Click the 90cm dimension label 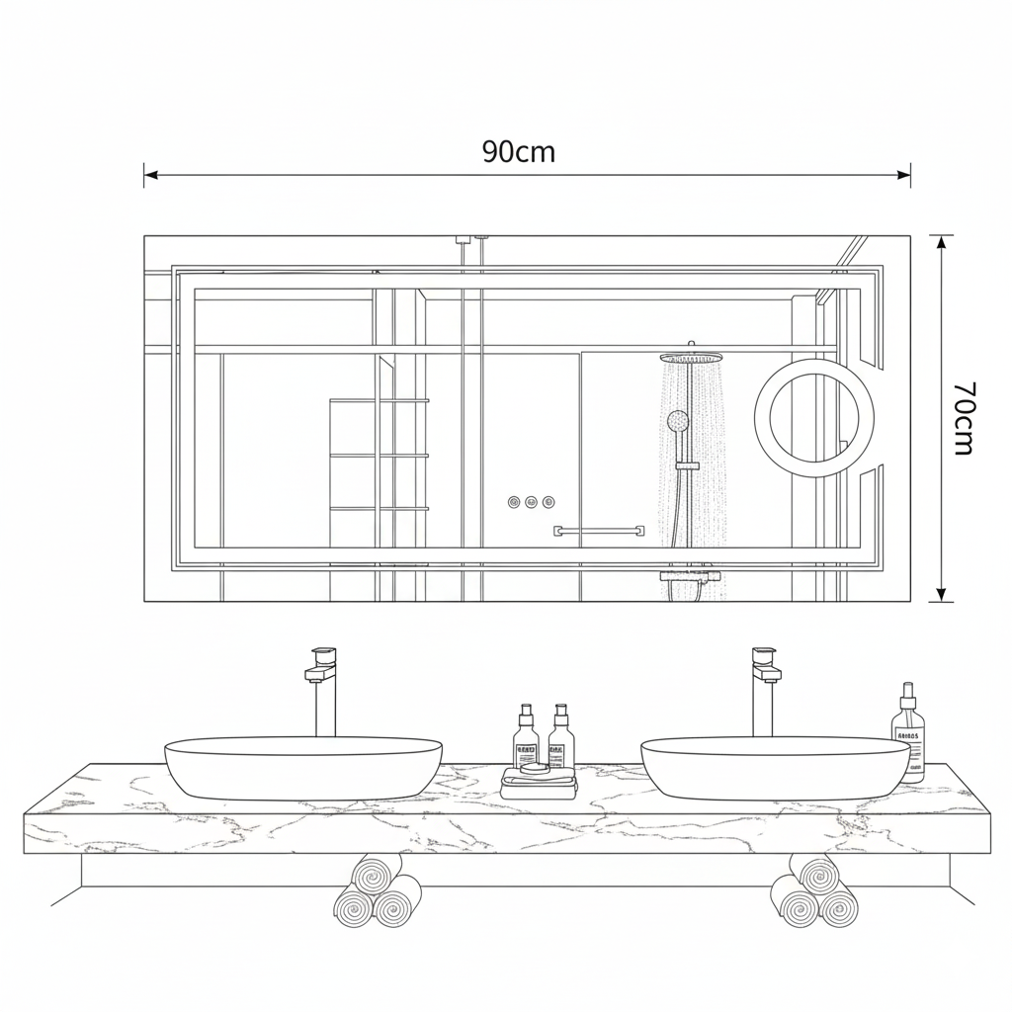click(518, 152)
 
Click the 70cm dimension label click(963, 418)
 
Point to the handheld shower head click(678, 421)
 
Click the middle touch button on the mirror click(531, 501)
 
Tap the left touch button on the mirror click(514, 501)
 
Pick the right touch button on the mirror click(548, 501)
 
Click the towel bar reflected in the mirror click(598, 531)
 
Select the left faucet click(324, 691)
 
